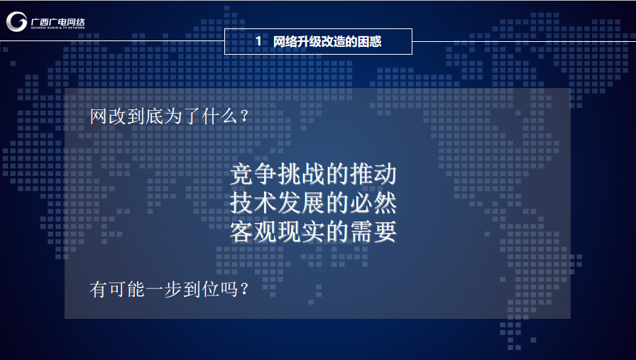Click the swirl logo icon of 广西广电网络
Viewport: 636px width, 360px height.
[16, 21]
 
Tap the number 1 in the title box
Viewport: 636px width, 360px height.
[258, 41]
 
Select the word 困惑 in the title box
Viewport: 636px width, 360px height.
[370, 41]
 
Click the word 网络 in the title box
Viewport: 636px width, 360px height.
[285, 41]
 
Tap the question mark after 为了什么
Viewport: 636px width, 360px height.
[244, 116]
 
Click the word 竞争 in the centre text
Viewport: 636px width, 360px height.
[253, 175]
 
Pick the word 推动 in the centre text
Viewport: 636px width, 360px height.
[373, 175]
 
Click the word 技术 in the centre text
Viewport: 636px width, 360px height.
[253, 203]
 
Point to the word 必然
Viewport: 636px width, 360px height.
[373, 203]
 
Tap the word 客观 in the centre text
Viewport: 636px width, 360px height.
[253, 231]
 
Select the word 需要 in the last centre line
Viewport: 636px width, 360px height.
[373, 231]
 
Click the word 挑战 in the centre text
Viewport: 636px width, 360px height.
[302, 175]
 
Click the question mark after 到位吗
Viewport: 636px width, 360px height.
[244, 290]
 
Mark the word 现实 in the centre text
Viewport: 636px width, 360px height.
[302, 231]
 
